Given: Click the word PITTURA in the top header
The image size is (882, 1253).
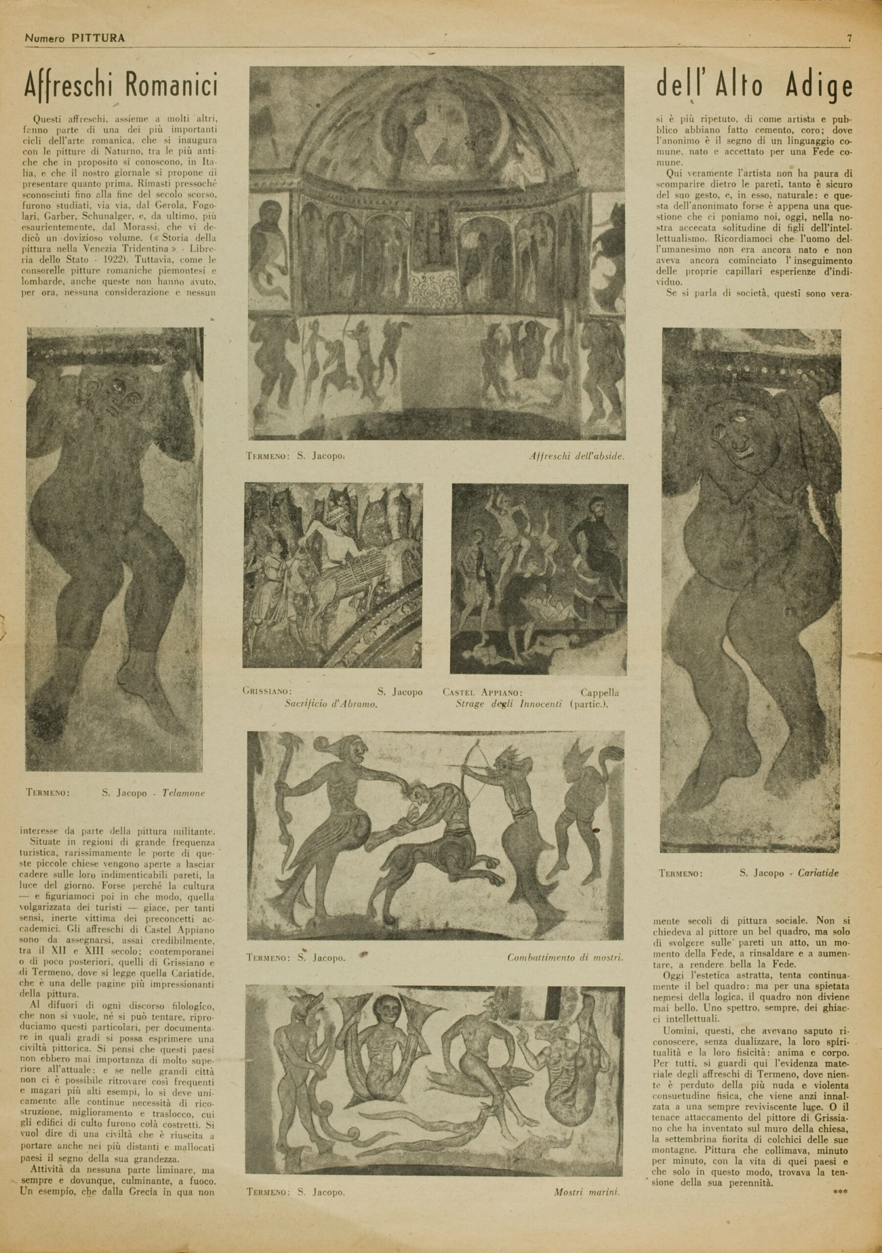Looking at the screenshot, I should pos(98,38).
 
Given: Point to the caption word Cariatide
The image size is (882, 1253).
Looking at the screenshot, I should pos(817,873).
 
